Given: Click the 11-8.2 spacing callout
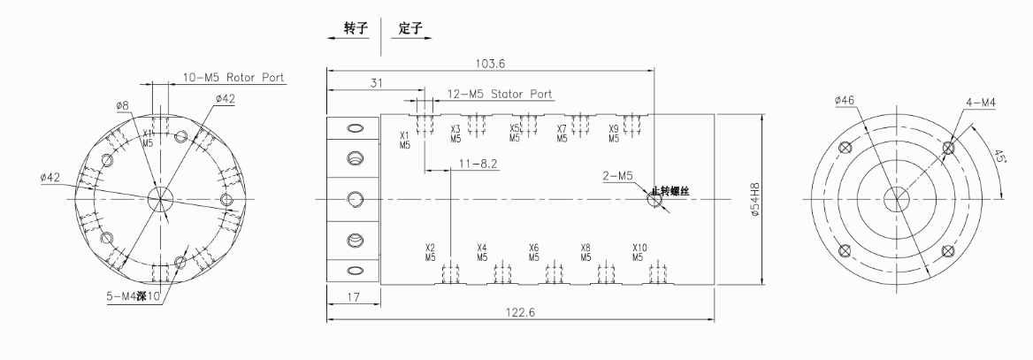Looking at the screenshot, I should click(x=478, y=164).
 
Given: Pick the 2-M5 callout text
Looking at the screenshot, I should click(x=617, y=176).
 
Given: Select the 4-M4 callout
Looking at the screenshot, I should click(x=981, y=103).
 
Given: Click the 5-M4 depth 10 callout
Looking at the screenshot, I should click(x=129, y=295).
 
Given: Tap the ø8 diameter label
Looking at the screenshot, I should click(x=123, y=105).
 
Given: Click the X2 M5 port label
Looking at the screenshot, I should click(x=430, y=253).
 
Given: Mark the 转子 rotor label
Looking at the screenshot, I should click(x=356, y=28).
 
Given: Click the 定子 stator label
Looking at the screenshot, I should click(x=409, y=28).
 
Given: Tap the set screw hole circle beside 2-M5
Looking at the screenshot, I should click(x=654, y=199).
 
